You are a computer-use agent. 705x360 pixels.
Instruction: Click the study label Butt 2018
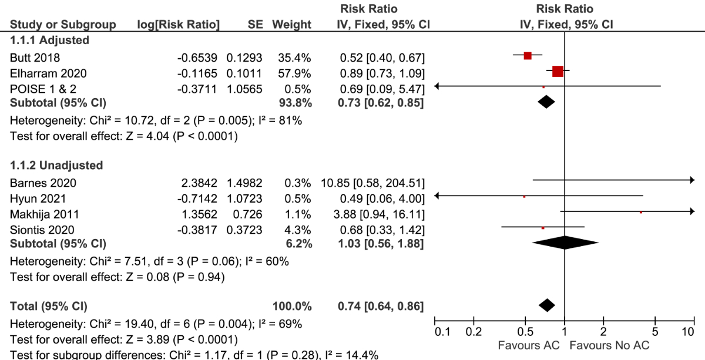(35, 57)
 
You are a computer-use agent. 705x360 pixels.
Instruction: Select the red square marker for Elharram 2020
(558, 72)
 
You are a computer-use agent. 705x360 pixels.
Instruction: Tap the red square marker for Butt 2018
(528, 56)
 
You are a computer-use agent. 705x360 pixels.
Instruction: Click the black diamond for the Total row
(546, 305)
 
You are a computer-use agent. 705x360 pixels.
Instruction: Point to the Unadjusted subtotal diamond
(564, 243)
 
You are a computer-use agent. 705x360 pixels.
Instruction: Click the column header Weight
(291, 25)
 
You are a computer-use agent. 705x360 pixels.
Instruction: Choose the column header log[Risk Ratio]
(178, 25)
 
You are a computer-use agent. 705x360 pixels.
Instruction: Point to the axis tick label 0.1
(442, 332)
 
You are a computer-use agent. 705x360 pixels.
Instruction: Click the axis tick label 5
(655, 332)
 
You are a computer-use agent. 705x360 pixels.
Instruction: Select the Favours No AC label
(609, 345)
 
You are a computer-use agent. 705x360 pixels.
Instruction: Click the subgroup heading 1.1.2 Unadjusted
(56, 166)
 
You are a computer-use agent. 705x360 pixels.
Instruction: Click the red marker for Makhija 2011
(640, 212)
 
